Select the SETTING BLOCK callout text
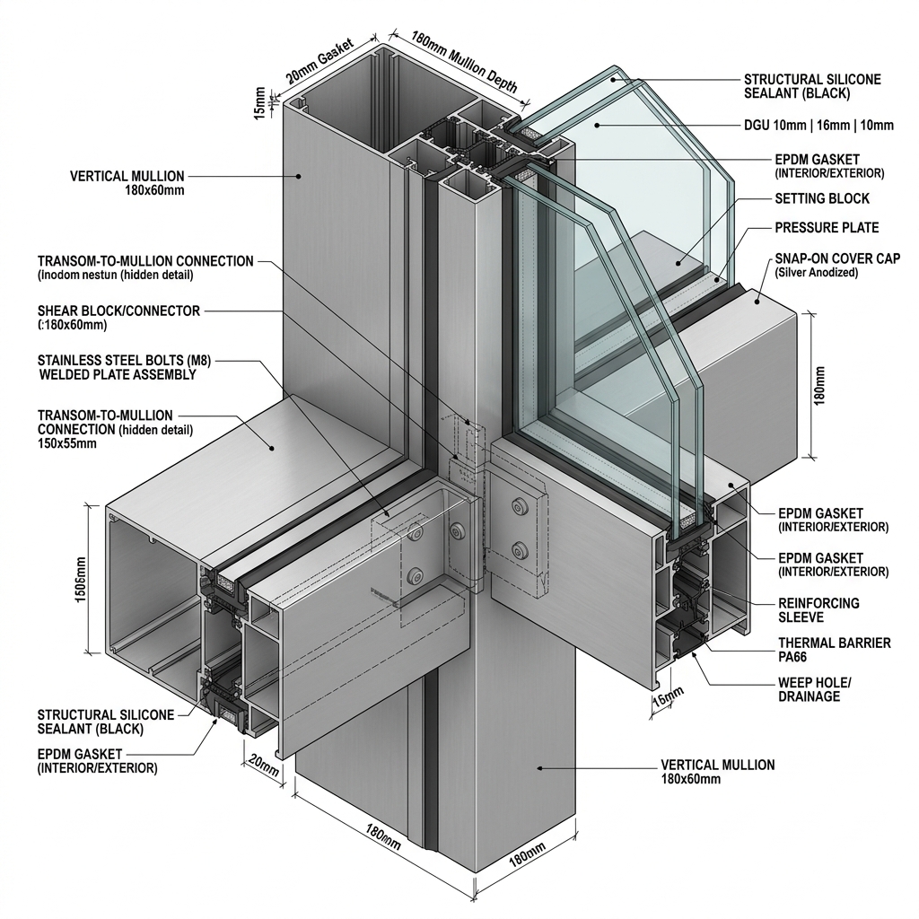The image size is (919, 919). click(x=822, y=198)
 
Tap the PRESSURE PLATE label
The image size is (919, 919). click(x=827, y=228)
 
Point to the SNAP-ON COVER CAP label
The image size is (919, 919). click(x=838, y=258)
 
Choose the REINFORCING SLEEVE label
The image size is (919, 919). click(x=818, y=610)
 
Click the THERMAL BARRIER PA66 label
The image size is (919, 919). click(x=834, y=650)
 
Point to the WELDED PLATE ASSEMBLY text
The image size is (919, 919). click(x=118, y=375)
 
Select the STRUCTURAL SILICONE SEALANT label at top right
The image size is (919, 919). click(x=812, y=86)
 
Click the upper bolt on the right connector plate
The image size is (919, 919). click(x=517, y=509)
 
